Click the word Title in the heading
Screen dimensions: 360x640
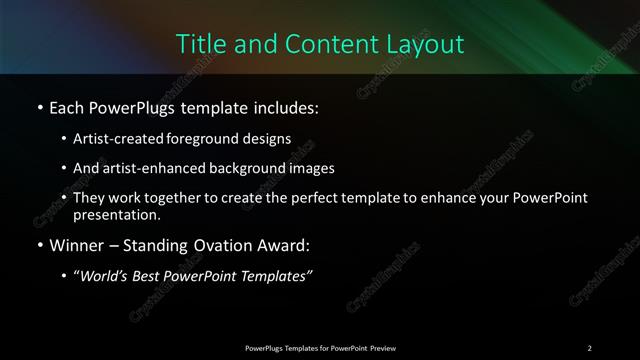click(199, 44)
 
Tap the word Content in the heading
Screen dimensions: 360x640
click(323, 44)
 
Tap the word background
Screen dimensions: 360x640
click(247, 169)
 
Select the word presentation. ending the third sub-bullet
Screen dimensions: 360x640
click(116, 215)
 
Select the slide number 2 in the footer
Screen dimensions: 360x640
click(590, 347)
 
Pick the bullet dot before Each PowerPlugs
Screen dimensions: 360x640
click(39, 107)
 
